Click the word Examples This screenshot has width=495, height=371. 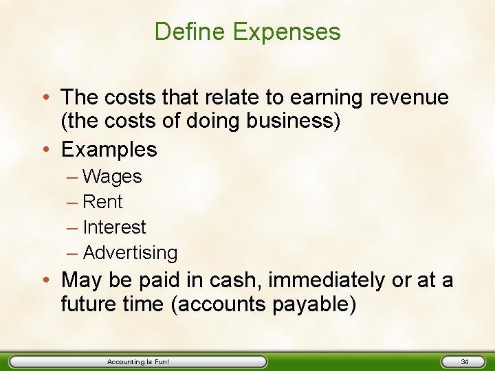pos(109,149)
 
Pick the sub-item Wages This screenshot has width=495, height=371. pos(112,177)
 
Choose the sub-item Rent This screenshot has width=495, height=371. pos(102,202)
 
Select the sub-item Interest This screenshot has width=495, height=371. pos(114,227)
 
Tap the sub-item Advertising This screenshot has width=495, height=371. pos(130,253)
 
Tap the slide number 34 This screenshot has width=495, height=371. pos(464,361)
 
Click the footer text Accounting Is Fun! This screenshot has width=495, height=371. pos(138,361)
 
